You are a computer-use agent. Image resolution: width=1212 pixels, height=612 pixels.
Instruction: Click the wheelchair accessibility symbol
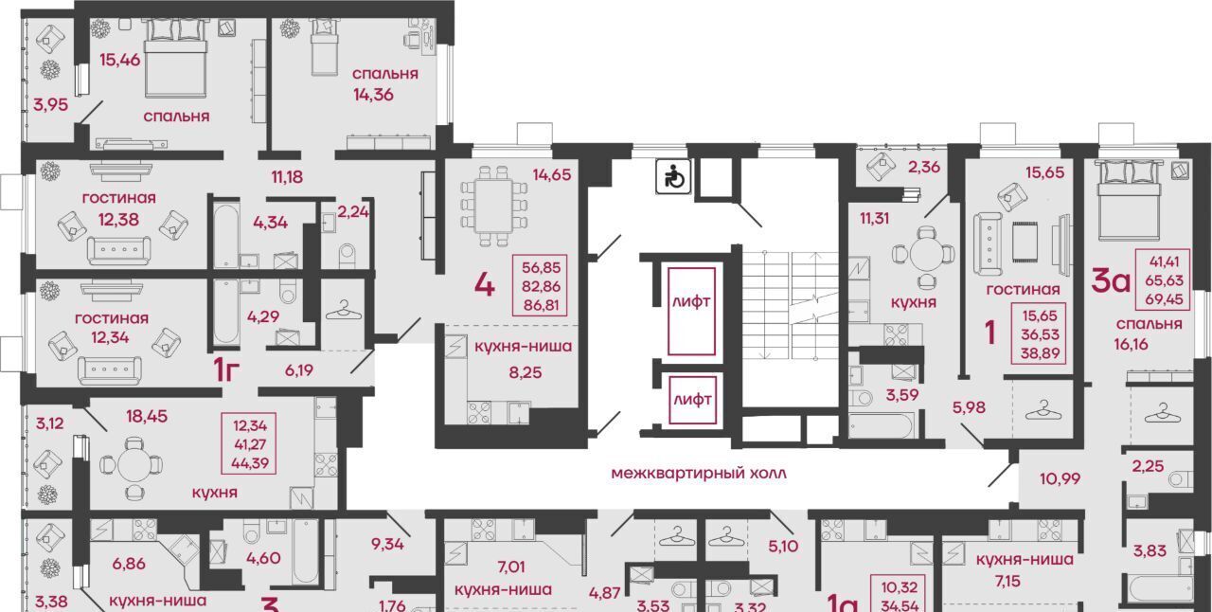pos(673,176)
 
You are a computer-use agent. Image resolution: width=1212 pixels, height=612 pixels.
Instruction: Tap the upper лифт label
pos(691,301)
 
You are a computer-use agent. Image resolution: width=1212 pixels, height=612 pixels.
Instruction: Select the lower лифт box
pos(692,400)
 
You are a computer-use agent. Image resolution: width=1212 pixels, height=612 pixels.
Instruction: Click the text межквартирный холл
pos(699,474)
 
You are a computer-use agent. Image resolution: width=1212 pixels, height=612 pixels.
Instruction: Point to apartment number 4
pos(484,285)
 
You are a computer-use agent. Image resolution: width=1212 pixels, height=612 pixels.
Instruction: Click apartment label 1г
pos(226,370)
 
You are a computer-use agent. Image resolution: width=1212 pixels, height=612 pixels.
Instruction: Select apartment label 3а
pos(1111,281)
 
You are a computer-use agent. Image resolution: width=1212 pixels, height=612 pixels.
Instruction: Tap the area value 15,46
pos(119,60)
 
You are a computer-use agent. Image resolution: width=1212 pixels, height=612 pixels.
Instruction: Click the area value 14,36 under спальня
pos(373,95)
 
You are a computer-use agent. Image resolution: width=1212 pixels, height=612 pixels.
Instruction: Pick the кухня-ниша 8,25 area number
pos(525,372)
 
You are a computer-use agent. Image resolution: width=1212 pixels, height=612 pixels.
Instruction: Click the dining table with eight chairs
pos(494,207)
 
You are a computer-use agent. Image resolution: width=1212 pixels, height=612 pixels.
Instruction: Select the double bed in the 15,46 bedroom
pos(176,59)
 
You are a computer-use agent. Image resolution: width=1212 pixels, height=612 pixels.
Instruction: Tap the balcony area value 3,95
pos(51,104)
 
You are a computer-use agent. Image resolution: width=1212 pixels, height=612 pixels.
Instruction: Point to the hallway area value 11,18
pos(287,177)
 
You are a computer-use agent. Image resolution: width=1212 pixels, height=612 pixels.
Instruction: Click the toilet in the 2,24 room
pos(347,256)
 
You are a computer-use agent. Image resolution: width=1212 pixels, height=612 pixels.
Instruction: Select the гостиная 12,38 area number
pos(118,220)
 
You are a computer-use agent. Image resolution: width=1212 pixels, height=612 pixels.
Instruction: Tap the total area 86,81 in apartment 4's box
pos(542,305)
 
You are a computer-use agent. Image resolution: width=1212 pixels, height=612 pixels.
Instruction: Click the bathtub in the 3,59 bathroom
pos(881,425)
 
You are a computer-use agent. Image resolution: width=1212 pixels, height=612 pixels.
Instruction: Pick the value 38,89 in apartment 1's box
pos(1040,353)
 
